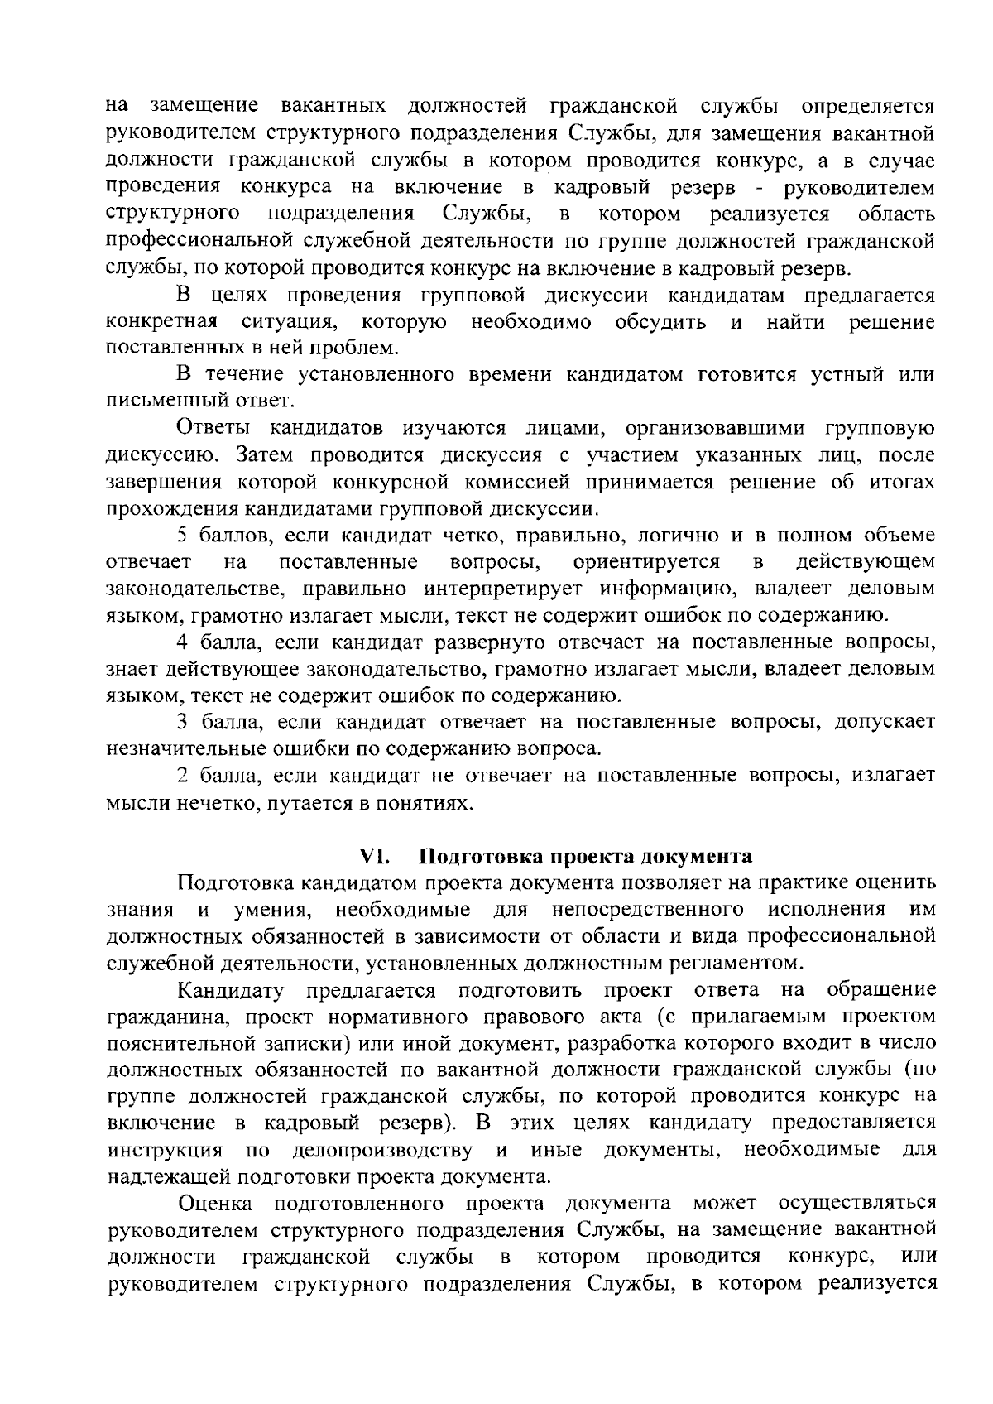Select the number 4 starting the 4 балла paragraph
tap(181, 642)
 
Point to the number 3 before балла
tap(181, 722)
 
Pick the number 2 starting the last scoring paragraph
tap(181, 776)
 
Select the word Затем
tap(262, 455)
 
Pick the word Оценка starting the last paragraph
tap(214, 1203)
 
